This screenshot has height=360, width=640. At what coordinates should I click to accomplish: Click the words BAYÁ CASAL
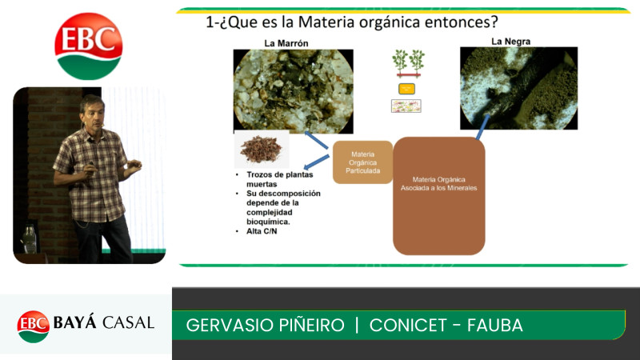pos(103,323)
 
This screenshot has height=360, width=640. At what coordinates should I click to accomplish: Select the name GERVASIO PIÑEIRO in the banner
pos(265,326)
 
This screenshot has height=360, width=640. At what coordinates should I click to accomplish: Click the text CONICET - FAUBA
pos(446,326)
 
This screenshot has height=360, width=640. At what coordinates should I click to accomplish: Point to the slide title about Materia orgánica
pos(352,22)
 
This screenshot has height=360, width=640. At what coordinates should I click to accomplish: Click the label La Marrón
pos(286,42)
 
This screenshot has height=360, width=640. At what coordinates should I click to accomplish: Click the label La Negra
pos(510,41)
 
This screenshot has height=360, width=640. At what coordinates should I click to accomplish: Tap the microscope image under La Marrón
pos(293,90)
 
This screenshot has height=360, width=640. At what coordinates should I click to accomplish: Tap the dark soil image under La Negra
pos(518,88)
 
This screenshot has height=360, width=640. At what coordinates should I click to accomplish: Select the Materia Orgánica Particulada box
pos(362,162)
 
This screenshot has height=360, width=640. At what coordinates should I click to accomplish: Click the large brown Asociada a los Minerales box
pos(438,196)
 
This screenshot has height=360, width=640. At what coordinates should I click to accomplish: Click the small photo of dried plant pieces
pos(262,150)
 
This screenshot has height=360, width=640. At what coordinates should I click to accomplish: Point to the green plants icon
pos(408,62)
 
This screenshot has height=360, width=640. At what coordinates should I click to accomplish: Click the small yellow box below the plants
pos(406,89)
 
